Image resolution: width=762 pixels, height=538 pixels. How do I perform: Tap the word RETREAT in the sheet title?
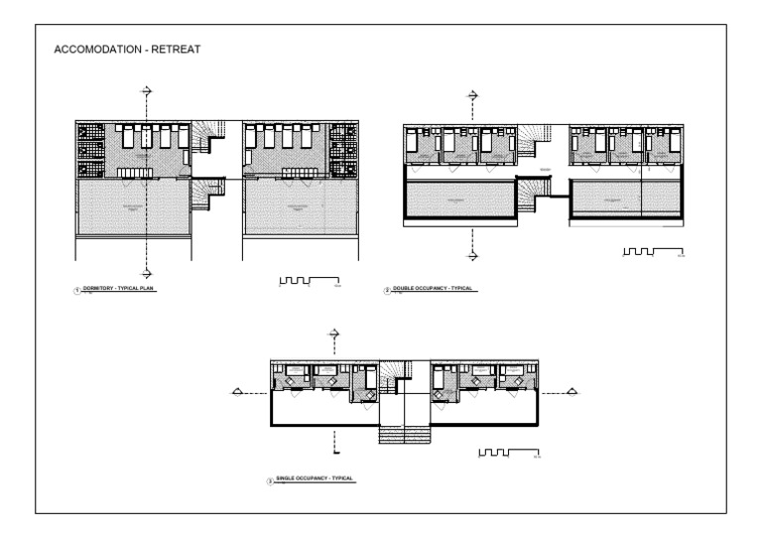tap(176, 50)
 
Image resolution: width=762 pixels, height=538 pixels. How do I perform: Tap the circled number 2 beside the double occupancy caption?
tap(386, 291)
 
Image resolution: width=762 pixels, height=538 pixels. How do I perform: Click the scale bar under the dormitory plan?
tap(310, 282)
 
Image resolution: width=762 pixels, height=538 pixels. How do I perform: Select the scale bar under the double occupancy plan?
tap(653, 253)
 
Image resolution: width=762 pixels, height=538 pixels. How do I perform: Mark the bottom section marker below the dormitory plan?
tap(147, 271)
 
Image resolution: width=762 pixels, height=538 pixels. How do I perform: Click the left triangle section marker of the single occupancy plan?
tap(237, 391)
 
